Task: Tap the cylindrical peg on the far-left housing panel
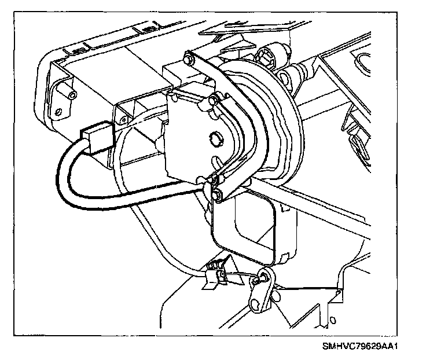click(x=71, y=95)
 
